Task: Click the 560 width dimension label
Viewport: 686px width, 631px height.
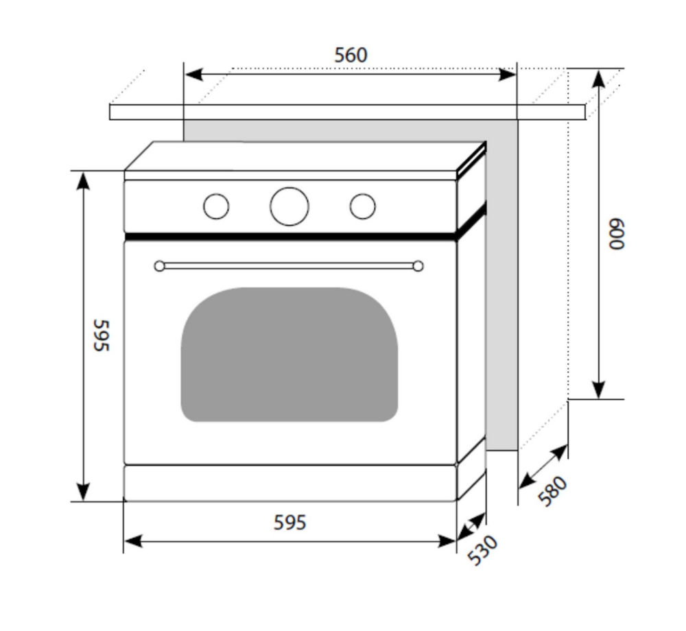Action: point(351,55)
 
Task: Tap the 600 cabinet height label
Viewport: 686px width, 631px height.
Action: point(617,235)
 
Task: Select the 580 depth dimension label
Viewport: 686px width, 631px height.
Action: point(553,491)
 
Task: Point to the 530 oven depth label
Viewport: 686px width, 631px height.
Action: point(482,550)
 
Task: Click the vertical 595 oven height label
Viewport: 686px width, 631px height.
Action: point(101,335)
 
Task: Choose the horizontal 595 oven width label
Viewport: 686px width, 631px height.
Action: point(289,523)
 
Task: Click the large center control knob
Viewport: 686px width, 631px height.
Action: point(289,206)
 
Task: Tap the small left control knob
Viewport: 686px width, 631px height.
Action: point(216,206)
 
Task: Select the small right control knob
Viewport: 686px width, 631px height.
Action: point(362,206)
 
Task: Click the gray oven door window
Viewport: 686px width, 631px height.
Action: point(289,354)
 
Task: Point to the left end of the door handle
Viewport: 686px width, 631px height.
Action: point(160,266)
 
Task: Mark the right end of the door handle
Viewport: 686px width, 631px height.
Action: point(418,266)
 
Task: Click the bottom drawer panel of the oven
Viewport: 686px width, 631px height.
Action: point(289,483)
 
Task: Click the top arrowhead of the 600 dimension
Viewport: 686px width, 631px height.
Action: point(598,78)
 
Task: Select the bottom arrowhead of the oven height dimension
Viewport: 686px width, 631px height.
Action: point(83,492)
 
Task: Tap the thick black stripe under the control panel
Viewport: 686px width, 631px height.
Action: point(289,236)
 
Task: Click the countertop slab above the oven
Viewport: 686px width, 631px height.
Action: point(346,112)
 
